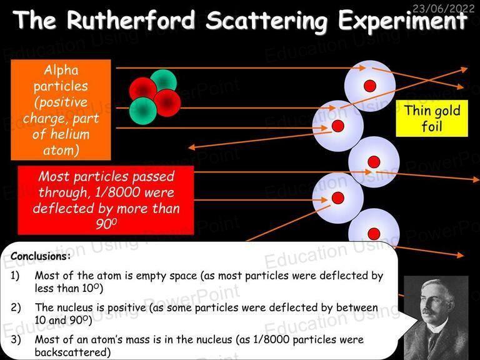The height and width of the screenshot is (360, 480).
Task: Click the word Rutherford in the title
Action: point(131,19)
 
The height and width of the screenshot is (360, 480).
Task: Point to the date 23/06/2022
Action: point(443,7)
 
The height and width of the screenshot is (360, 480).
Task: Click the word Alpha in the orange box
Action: point(61,71)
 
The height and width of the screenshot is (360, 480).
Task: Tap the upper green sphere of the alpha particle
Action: point(164,81)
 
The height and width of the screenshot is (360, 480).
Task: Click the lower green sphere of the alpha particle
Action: point(143,111)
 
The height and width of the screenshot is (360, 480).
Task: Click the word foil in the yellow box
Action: point(432,126)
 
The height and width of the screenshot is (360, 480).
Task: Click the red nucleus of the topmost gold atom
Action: point(370,86)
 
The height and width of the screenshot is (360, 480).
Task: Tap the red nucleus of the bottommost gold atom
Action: point(374,234)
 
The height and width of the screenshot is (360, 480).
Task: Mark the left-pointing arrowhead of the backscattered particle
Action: point(192,147)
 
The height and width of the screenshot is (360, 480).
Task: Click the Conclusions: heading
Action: point(41,256)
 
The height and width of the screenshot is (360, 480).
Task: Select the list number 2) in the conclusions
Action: point(15,307)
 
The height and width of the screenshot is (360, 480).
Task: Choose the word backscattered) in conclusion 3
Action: point(72,352)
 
